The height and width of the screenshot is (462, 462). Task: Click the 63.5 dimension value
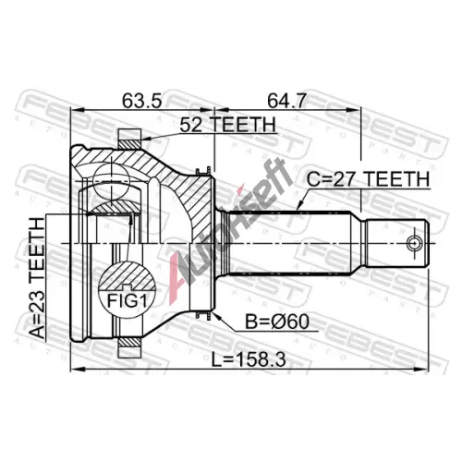click(x=141, y=101)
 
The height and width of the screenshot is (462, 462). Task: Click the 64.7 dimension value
click(x=286, y=101)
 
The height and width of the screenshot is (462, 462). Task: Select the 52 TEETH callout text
click(x=227, y=125)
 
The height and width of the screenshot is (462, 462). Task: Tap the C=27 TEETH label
click(x=368, y=179)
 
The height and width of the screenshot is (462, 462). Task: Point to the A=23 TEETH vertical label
click(x=37, y=278)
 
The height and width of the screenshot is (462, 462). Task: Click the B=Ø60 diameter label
click(x=277, y=322)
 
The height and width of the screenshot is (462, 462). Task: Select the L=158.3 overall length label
click(x=249, y=359)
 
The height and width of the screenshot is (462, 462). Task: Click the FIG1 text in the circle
click(x=127, y=301)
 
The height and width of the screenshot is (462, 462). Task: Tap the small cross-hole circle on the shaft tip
click(x=415, y=243)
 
